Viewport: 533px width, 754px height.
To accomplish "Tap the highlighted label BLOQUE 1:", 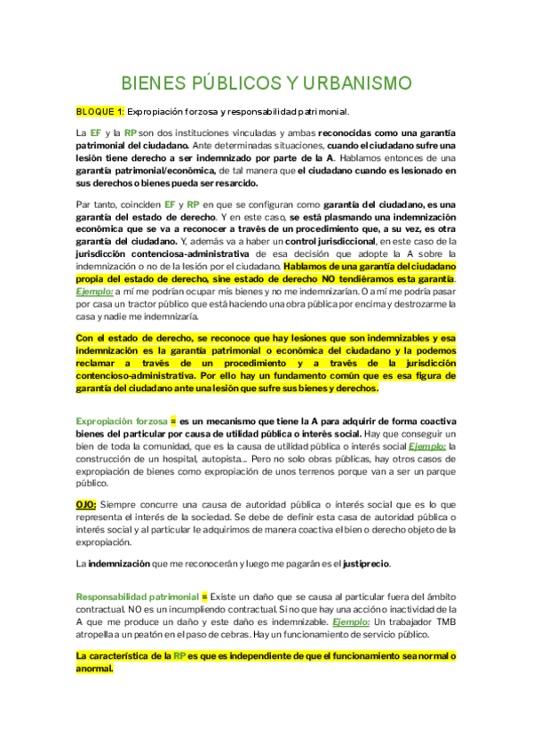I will (99, 112).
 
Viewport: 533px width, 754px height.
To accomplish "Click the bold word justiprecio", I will (364, 564).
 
